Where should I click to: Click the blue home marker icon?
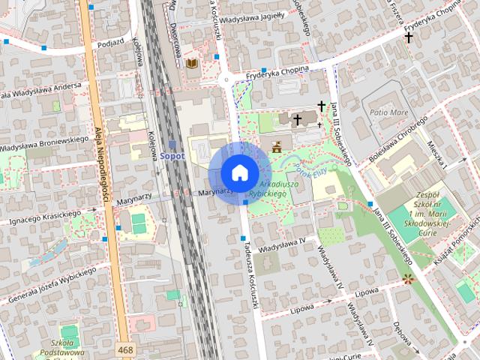click(239, 172)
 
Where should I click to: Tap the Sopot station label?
click(172, 155)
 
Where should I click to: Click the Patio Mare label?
click(388, 112)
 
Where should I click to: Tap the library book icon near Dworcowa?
click(193, 64)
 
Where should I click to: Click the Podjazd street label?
click(109, 43)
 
